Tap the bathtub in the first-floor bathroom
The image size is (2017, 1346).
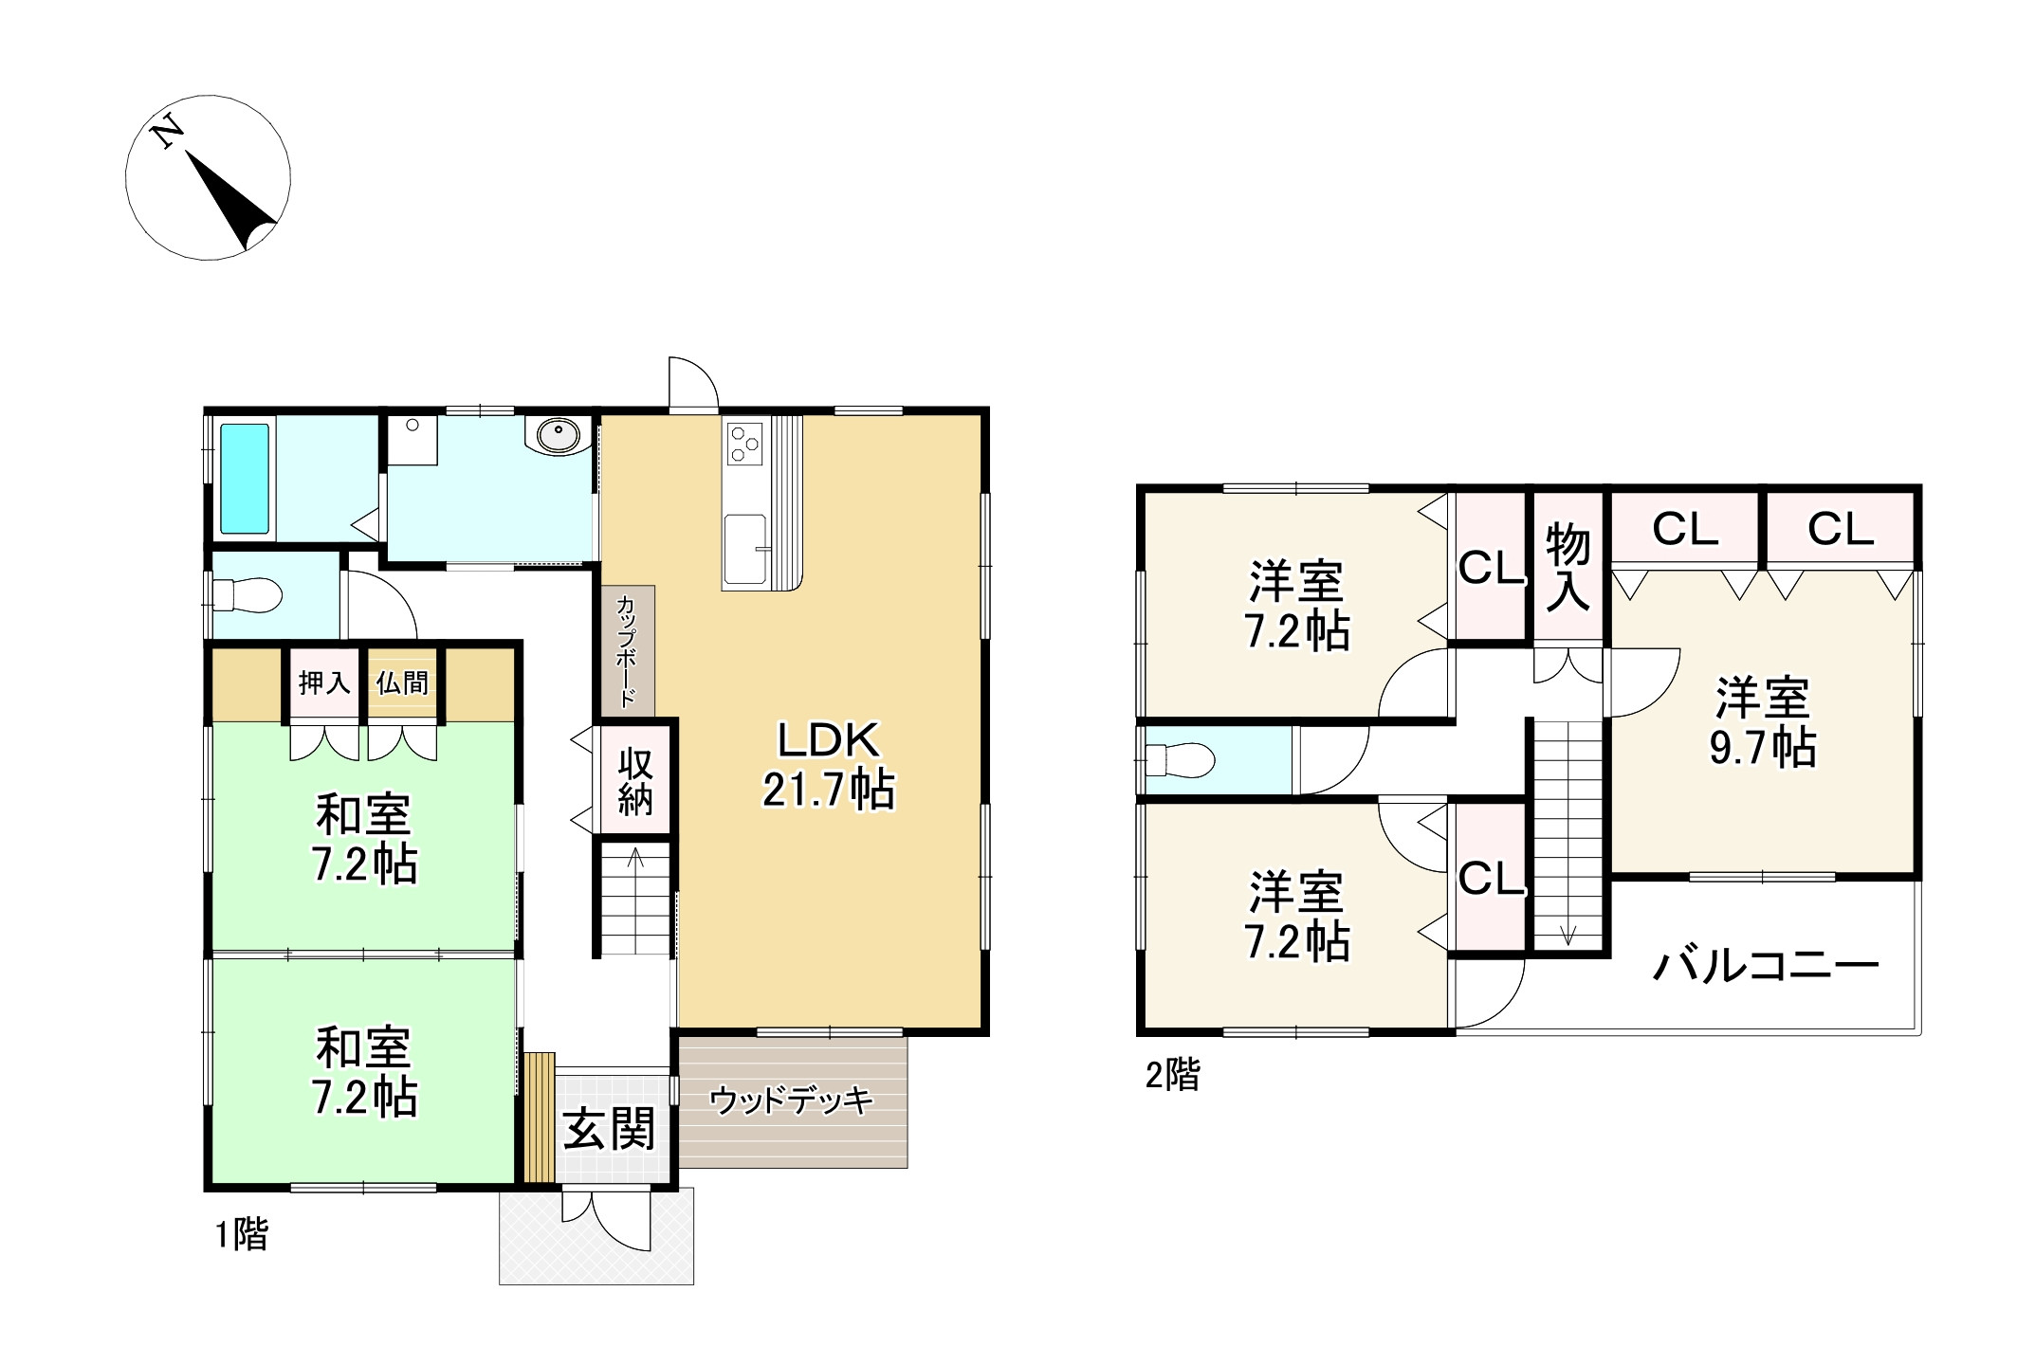pyautogui.click(x=245, y=479)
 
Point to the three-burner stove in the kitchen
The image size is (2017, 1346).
pyautogui.click(x=744, y=444)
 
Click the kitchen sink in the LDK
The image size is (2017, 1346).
pyautogui.click(x=745, y=550)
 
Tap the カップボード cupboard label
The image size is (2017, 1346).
pyautogui.click(x=627, y=651)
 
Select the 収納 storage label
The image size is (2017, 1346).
pyautogui.click(x=635, y=782)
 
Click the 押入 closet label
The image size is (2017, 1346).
pyautogui.click(x=324, y=682)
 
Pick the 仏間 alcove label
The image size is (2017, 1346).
pyautogui.click(x=402, y=682)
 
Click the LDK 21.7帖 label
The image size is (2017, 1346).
pyautogui.click(x=829, y=764)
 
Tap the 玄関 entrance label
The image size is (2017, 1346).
pyautogui.click(x=610, y=1130)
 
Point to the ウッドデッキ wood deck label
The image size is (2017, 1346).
pyautogui.click(x=791, y=1100)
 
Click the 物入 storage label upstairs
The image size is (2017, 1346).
pyautogui.click(x=1568, y=567)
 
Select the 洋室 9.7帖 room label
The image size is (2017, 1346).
pyautogui.click(x=1763, y=722)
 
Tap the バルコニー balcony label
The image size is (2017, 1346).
pyautogui.click(x=1766, y=966)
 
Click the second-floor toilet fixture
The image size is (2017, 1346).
pyautogui.click(x=1180, y=759)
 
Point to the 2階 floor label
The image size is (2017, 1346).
pyautogui.click(x=1173, y=1075)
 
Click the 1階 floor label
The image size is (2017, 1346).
pyautogui.click(x=242, y=1234)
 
